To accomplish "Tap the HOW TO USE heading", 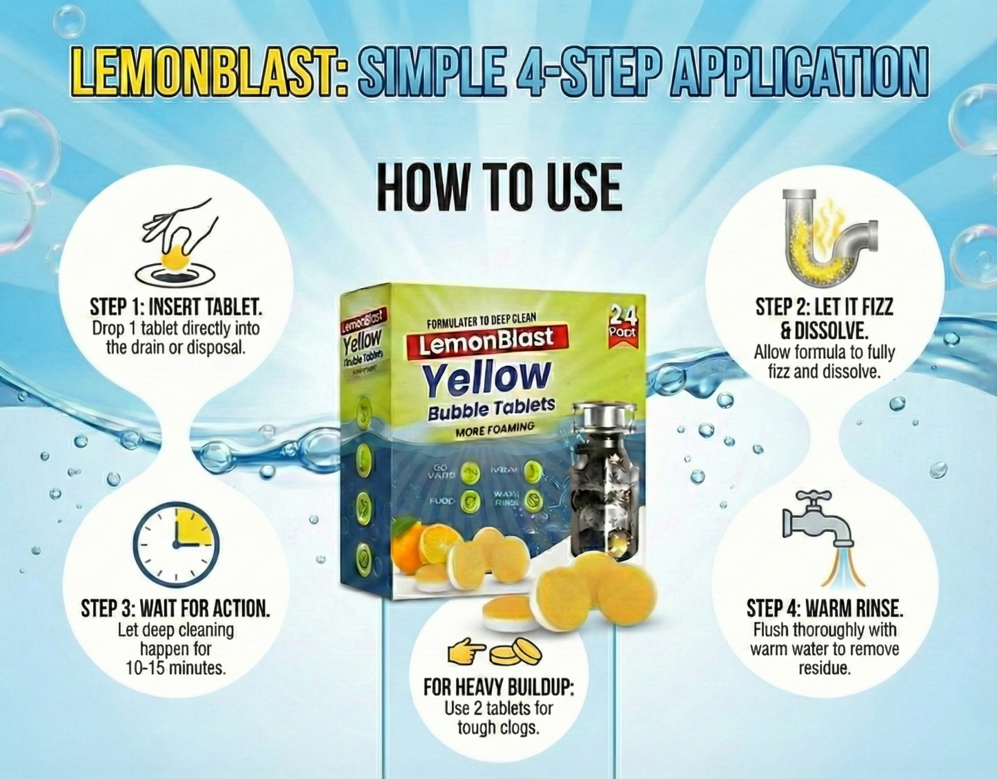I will (x=499, y=187).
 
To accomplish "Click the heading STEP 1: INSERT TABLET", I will (x=176, y=307).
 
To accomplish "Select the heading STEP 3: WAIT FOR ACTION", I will (x=175, y=608).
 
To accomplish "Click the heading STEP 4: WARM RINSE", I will (x=825, y=608).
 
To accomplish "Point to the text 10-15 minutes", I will (x=175, y=669).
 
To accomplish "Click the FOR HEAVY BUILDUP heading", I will (x=498, y=687).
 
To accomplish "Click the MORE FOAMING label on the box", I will (x=495, y=430).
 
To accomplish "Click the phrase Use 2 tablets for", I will (x=498, y=708).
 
